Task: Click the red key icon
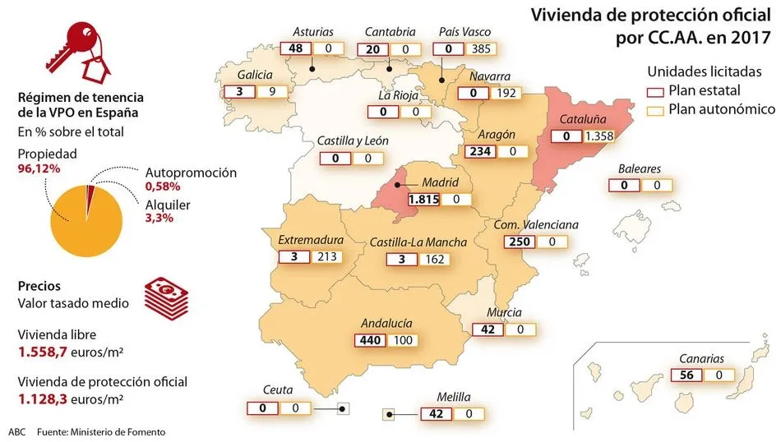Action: [72, 44]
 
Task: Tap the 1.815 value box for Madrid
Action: [425, 199]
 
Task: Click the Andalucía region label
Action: [386, 323]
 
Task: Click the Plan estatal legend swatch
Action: [656, 91]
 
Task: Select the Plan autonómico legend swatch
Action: [656, 109]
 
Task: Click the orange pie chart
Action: [85, 214]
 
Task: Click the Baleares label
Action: [639, 169]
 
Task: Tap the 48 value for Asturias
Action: [297, 48]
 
